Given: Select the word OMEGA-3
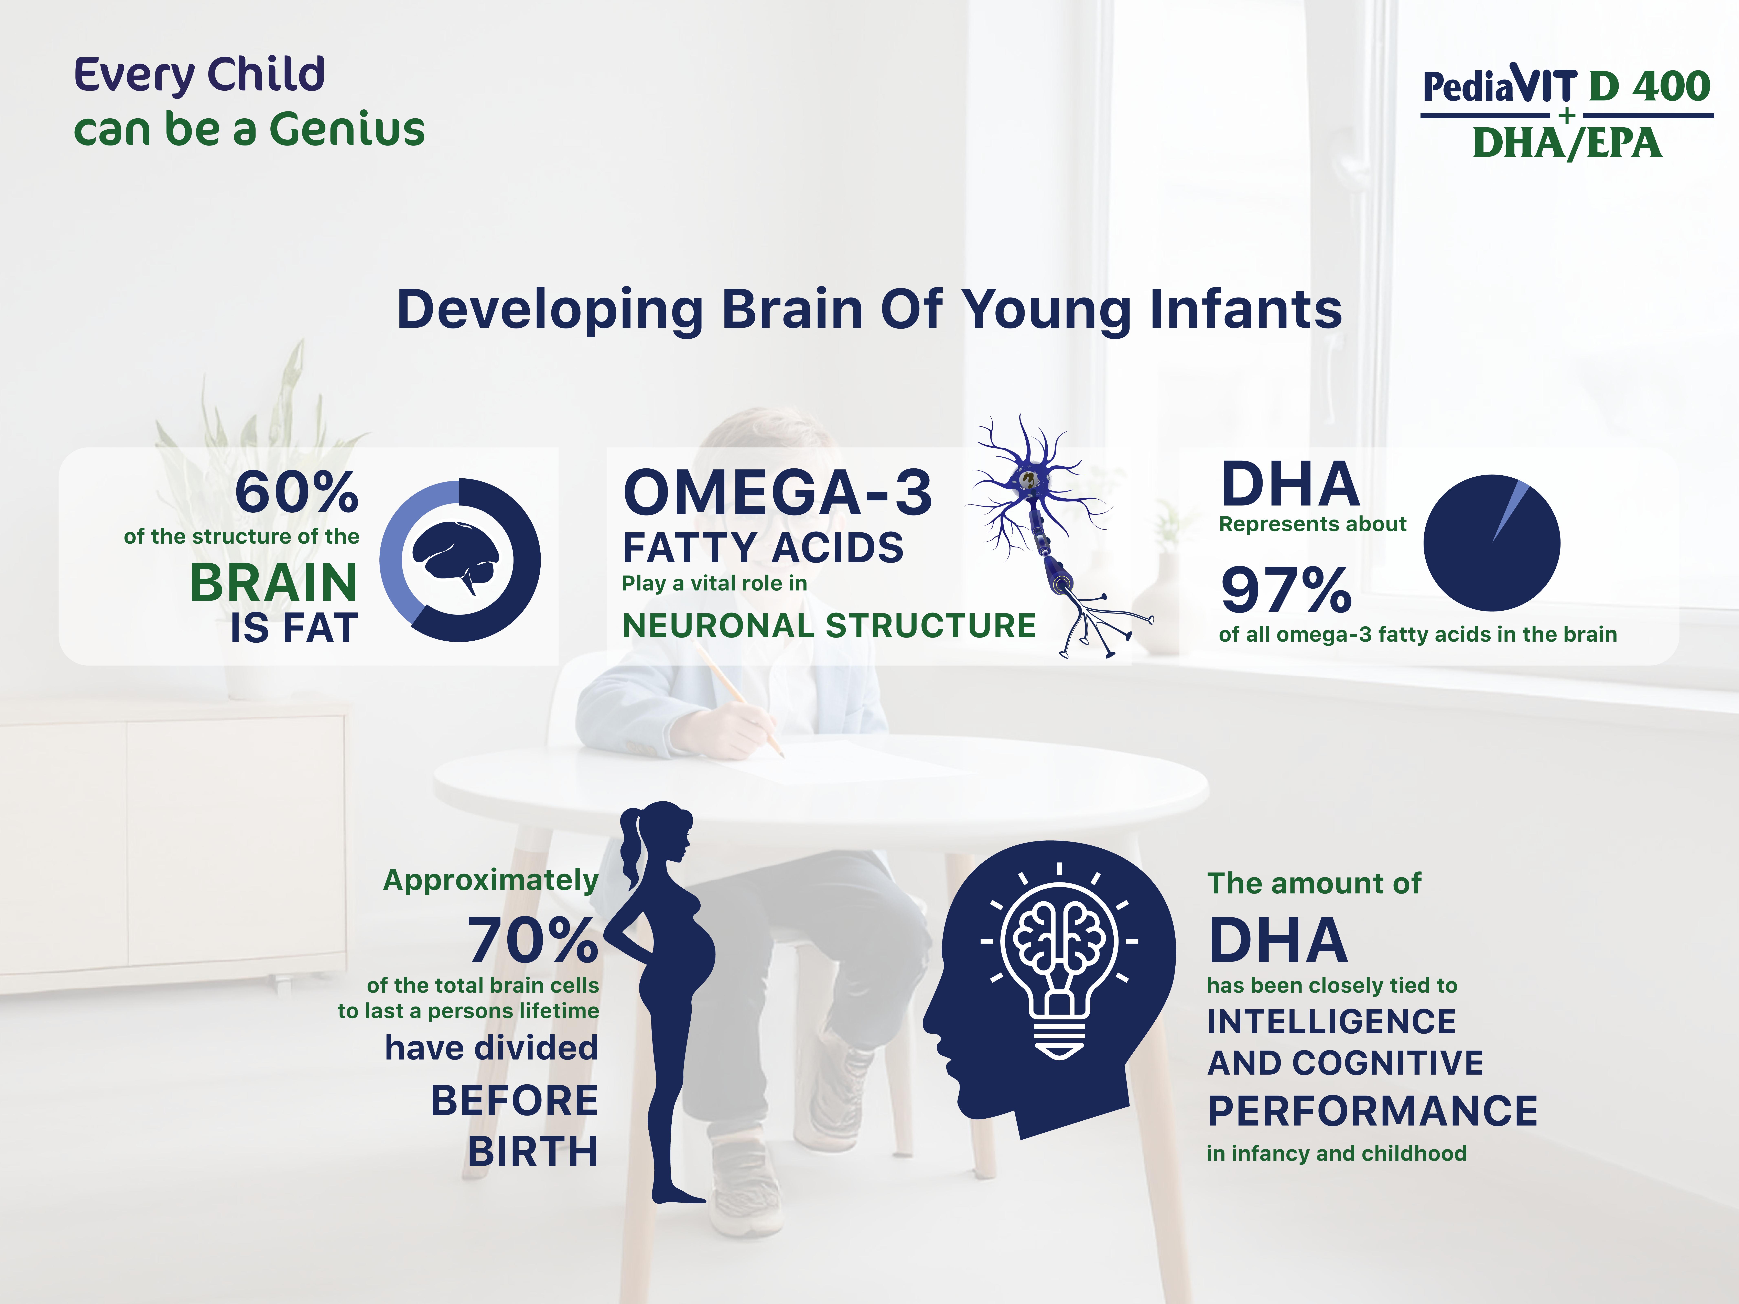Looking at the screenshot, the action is tap(778, 493).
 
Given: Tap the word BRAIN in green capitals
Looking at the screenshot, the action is tap(274, 583).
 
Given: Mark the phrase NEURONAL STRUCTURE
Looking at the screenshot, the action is tap(829, 626).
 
